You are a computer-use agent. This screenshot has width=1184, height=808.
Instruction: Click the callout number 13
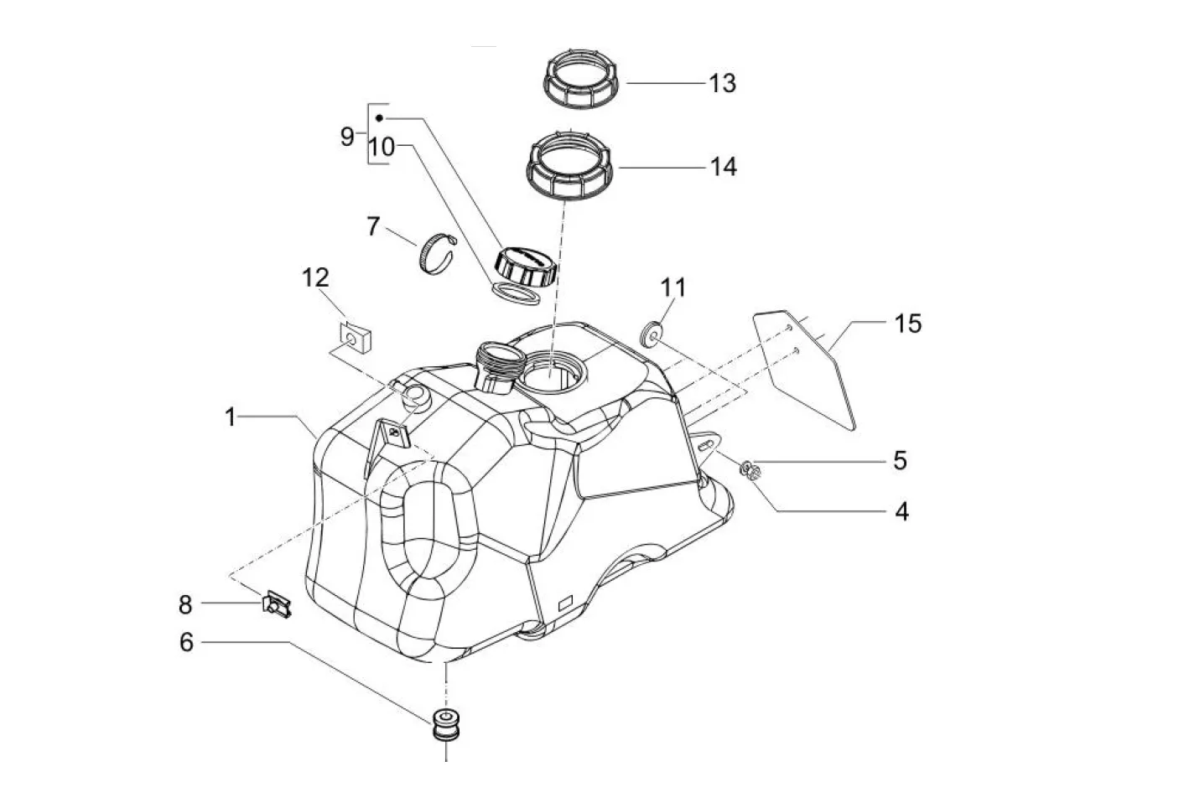click(723, 84)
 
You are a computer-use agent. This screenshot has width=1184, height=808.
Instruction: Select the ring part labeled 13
click(580, 78)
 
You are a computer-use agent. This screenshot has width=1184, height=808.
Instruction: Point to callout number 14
click(723, 167)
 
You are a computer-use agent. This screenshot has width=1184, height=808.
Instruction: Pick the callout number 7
click(373, 226)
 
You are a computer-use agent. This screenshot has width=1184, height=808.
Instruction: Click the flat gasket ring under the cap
click(516, 293)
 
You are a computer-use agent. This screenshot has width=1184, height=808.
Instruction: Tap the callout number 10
click(382, 147)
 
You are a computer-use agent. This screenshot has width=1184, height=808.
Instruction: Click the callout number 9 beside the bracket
click(347, 137)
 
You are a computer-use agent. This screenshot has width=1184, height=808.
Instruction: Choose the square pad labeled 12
click(356, 339)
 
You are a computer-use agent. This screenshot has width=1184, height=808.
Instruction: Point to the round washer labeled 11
click(650, 336)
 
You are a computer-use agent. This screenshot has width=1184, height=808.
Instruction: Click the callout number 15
click(907, 324)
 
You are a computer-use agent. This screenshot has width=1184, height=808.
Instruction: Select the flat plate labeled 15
click(804, 370)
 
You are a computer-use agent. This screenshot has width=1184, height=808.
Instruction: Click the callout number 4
click(901, 511)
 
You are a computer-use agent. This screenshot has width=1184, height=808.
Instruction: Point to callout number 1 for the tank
click(231, 417)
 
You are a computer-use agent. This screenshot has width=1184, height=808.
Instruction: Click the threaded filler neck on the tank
click(500, 367)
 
